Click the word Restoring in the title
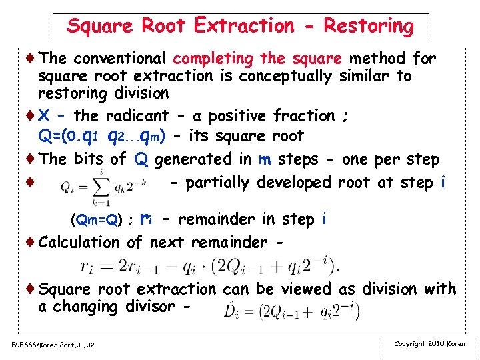[369, 26]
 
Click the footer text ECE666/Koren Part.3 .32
[53, 345]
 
